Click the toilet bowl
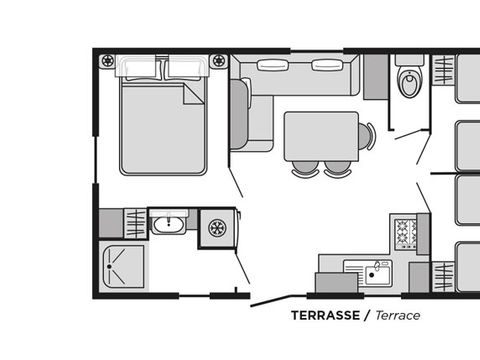pyautogui.click(x=410, y=82)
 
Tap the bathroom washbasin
pyautogui.click(x=169, y=225)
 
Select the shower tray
pyautogui.click(x=123, y=267)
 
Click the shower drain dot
pyautogui.click(x=109, y=267)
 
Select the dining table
pyautogui.click(x=321, y=136)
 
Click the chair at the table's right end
pyautogui.click(x=367, y=136)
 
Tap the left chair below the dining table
pyautogui.click(x=305, y=169)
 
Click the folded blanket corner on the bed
pyautogui.click(x=194, y=94)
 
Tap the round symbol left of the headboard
pyautogui.click(x=108, y=61)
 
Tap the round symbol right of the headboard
pyautogui.click(x=219, y=61)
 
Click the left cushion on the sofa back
pyautogui.click(x=273, y=65)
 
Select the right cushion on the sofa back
pyautogui.click(x=327, y=65)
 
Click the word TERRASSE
pyautogui.click(x=326, y=315)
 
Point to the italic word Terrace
pyautogui.click(x=398, y=315)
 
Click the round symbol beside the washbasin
pyautogui.click(x=217, y=228)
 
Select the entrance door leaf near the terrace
pyautogui.click(x=271, y=301)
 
